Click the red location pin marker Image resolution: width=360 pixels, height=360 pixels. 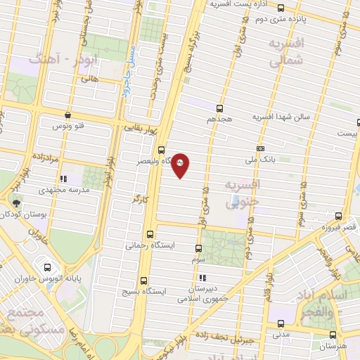coord(181,164)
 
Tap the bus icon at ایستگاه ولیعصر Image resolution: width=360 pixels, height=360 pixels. coord(162,150)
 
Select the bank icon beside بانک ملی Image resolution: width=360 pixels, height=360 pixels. coord(260,149)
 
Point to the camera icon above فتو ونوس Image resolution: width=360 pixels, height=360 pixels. coord(67,115)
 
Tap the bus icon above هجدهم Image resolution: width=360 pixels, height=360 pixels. coord(220,108)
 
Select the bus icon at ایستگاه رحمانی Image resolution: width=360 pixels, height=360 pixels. coord(150,234)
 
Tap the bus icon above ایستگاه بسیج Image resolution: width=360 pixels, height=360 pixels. coord(143,280)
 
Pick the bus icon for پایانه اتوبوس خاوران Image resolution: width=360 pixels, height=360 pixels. coord(48,267)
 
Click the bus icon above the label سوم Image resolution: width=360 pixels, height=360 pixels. coord(198,248)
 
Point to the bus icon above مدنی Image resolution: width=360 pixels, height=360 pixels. coord(281,324)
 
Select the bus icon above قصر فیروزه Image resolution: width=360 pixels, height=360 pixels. coord(339,216)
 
